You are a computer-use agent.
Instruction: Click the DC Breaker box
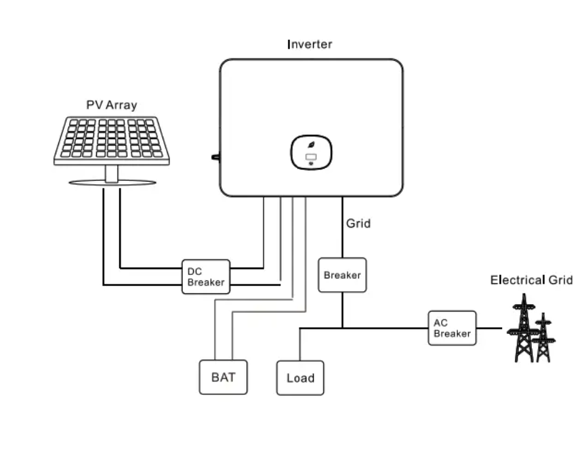pyautogui.click(x=206, y=277)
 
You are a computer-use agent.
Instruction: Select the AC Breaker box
pyautogui.click(x=453, y=328)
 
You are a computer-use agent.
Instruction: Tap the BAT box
pyautogui.click(x=223, y=377)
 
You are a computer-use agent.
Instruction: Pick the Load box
pyautogui.click(x=300, y=378)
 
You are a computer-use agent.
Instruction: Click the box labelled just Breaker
pyautogui.click(x=342, y=275)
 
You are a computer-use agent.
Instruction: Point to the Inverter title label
pyautogui.click(x=310, y=45)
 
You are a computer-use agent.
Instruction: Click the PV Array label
pyautogui.click(x=112, y=105)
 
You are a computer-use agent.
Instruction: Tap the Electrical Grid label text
pyautogui.click(x=531, y=280)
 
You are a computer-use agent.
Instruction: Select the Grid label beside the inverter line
pyautogui.click(x=358, y=224)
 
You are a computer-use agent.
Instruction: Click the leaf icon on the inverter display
pyautogui.click(x=311, y=145)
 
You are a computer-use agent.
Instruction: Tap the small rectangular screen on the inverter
pyautogui.click(x=311, y=157)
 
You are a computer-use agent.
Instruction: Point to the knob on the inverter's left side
pyautogui.click(x=215, y=157)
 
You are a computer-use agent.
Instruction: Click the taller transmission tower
pyautogui.click(x=524, y=328)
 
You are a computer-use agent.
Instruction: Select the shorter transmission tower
pyautogui.click(x=543, y=337)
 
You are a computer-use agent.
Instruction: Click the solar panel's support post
pyautogui.click(x=112, y=173)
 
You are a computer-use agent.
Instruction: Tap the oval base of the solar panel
pyautogui.click(x=112, y=183)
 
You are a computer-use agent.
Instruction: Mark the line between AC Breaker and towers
pyautogui.click(x=489, y=329)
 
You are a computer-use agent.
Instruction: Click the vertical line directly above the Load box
pyautogui.click(x=299, y=345)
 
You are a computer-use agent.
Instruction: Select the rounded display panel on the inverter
pyautogui.click(x=312, y=152)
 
